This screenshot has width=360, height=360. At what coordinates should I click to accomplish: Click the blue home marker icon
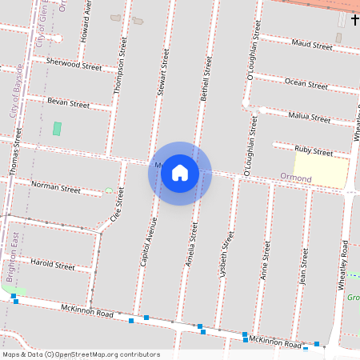click(x=180, y=173)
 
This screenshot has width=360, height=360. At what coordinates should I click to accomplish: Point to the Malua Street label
click(x=309, y=118)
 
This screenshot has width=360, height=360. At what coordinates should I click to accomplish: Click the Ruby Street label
click(x=313, y=151)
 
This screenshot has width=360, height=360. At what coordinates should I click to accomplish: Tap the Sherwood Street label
click(x=74, y=64)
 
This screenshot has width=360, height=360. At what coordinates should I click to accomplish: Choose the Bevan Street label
click(x=69, y=103)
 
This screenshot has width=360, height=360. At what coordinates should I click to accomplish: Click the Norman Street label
click(x=56, y=188)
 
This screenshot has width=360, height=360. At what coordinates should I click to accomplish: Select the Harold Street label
click(x=52, y=264)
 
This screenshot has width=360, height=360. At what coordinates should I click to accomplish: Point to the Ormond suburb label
click(x=295, y=177)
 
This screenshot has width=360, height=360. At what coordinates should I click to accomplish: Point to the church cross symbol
click(x=354, y=18)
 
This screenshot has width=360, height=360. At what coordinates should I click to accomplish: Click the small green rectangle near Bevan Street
click(x=57, y=128)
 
